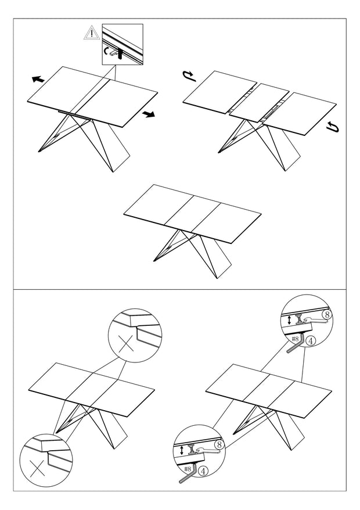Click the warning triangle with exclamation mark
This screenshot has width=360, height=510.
tap(92, 34)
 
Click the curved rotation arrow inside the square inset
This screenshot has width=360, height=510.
tap(106, 51)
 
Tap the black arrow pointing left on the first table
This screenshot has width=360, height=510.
tap(38, 79)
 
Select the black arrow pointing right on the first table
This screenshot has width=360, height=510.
tap(149, 114)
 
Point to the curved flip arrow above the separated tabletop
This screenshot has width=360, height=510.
tap(190, 76)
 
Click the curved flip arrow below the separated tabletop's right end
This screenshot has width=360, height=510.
tap(333, 127)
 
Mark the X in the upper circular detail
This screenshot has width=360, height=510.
tap(125, 344)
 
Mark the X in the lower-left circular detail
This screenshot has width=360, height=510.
tap(37, 469)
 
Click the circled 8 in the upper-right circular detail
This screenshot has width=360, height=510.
tap(327, 314)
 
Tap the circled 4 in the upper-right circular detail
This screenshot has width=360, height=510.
tap(311, 341)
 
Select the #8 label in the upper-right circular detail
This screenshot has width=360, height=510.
tap(296, 339)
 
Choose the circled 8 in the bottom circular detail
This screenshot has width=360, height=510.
tap(219, 444)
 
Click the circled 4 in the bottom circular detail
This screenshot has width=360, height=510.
tap(203, 471)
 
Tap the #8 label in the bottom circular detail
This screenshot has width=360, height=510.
tap(188, 469)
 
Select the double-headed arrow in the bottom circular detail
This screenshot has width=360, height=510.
tap(182, 451)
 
